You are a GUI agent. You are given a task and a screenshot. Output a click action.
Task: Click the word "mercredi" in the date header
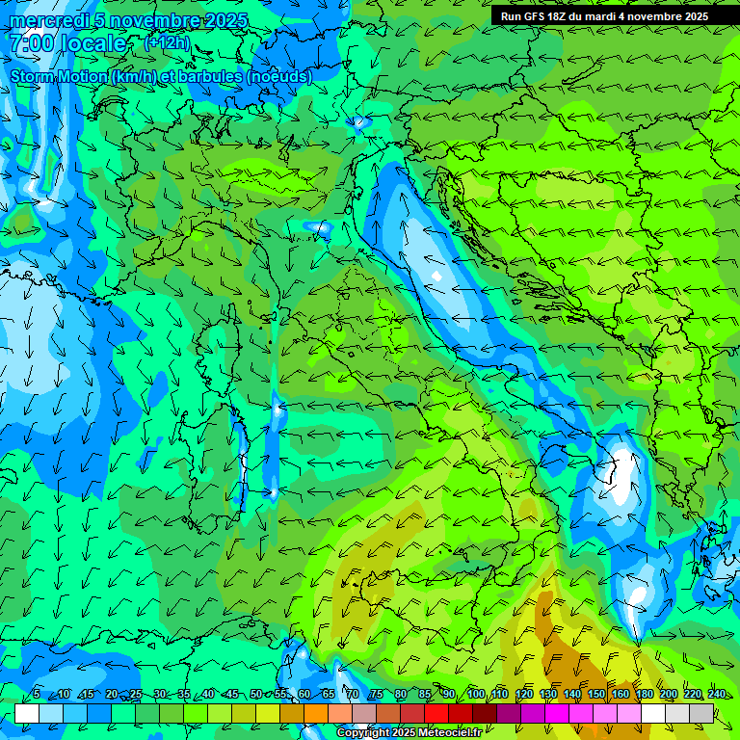[x=48, y=20]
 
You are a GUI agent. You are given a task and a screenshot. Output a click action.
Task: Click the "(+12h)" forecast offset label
[x=167, y=43]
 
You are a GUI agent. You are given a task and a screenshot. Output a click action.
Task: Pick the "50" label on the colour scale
[x=255, y=695]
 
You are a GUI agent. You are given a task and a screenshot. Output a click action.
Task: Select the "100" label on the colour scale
[x=475, y=695]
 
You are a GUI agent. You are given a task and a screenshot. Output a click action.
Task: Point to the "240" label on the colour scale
[x=716, y=695]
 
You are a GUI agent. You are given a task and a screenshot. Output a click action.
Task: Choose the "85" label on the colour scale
[x=424, y=695]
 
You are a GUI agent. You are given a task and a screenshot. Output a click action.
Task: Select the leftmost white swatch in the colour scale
[x=27, y=713]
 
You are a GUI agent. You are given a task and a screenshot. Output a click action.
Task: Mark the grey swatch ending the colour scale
[x=701, y=713]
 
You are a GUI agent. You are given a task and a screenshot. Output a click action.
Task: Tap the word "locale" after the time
[x=94, y=43]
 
